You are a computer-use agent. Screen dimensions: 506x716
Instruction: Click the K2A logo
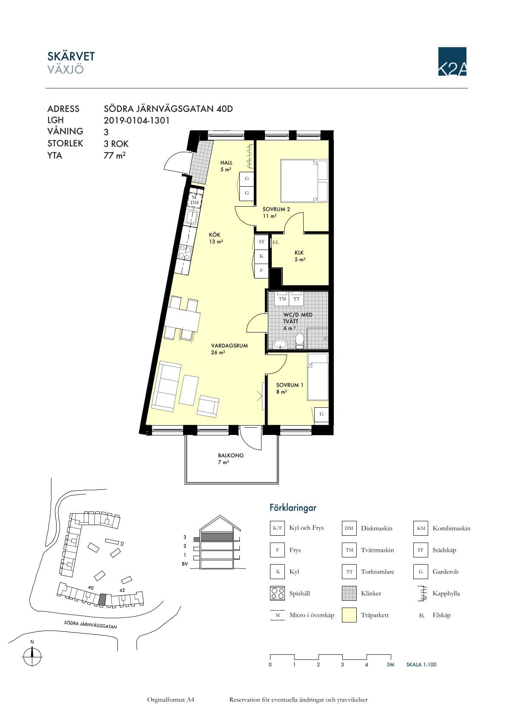(x=452, y=61)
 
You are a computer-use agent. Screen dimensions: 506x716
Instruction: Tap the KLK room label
(x=299, y=253)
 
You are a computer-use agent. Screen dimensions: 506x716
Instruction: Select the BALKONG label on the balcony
(x=231, y=455)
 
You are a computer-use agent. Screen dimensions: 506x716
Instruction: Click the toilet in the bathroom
(x=299, y=341)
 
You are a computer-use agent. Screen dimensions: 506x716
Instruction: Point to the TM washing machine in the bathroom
(x=282, y=298)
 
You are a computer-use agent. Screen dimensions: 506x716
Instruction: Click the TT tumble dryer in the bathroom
(x=296, y=298)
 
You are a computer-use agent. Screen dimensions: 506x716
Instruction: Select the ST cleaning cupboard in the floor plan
(x=262, y=242)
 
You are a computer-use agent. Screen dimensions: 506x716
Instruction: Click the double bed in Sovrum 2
(x=304, y=181)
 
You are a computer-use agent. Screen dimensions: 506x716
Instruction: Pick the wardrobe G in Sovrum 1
(x=321, y=414)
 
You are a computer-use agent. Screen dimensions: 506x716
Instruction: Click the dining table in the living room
(x=182, y=318)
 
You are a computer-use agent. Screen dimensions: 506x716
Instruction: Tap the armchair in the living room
(x=208, y=406)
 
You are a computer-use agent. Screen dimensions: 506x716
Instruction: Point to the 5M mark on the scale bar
(x=390, y=665)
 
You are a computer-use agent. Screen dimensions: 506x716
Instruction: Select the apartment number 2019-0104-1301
(x=136, y=120)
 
